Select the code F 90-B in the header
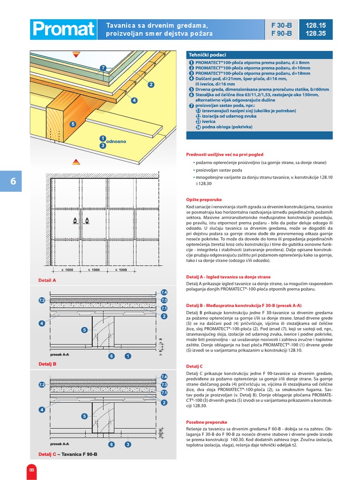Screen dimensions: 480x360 (281, 33)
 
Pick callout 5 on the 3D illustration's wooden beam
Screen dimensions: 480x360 (73, 124)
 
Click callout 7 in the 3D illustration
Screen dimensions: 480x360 (104, 68)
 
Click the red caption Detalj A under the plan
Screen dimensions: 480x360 (47, 280)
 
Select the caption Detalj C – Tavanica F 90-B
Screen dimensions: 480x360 (68, 454)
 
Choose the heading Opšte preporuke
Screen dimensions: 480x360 (204, 199)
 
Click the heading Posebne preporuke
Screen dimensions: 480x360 (207, 422)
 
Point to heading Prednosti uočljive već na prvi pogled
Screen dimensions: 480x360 (225, 154)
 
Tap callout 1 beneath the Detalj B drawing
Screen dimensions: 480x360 (127, 356)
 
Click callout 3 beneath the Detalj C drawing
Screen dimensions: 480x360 (127, 444)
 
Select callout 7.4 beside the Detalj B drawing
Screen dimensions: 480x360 (164, 292)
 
